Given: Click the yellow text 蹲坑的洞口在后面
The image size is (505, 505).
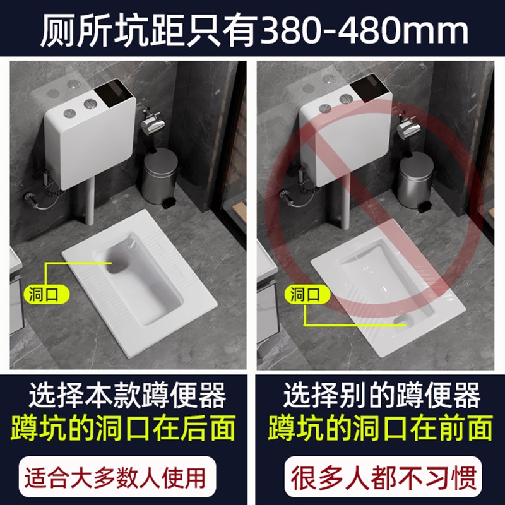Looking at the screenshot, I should point(126,427).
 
